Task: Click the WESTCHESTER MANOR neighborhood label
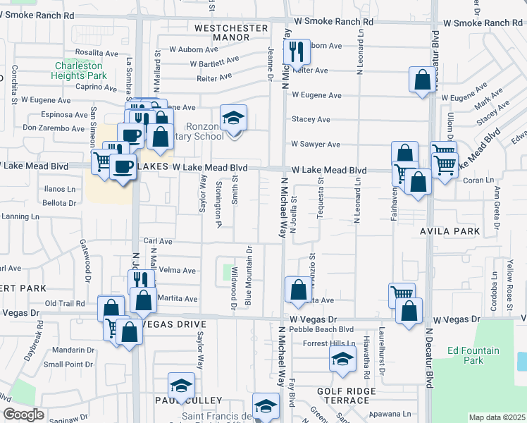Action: pos(232,33)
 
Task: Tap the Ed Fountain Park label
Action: pos(473,355)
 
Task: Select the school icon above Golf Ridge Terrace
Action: pos(342,360)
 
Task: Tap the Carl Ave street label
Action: pos(158,241)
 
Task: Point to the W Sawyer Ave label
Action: pos(316,145)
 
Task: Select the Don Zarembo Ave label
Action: pos(54,128)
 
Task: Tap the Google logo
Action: pos(23,415)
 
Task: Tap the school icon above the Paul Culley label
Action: pos(180,386)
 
